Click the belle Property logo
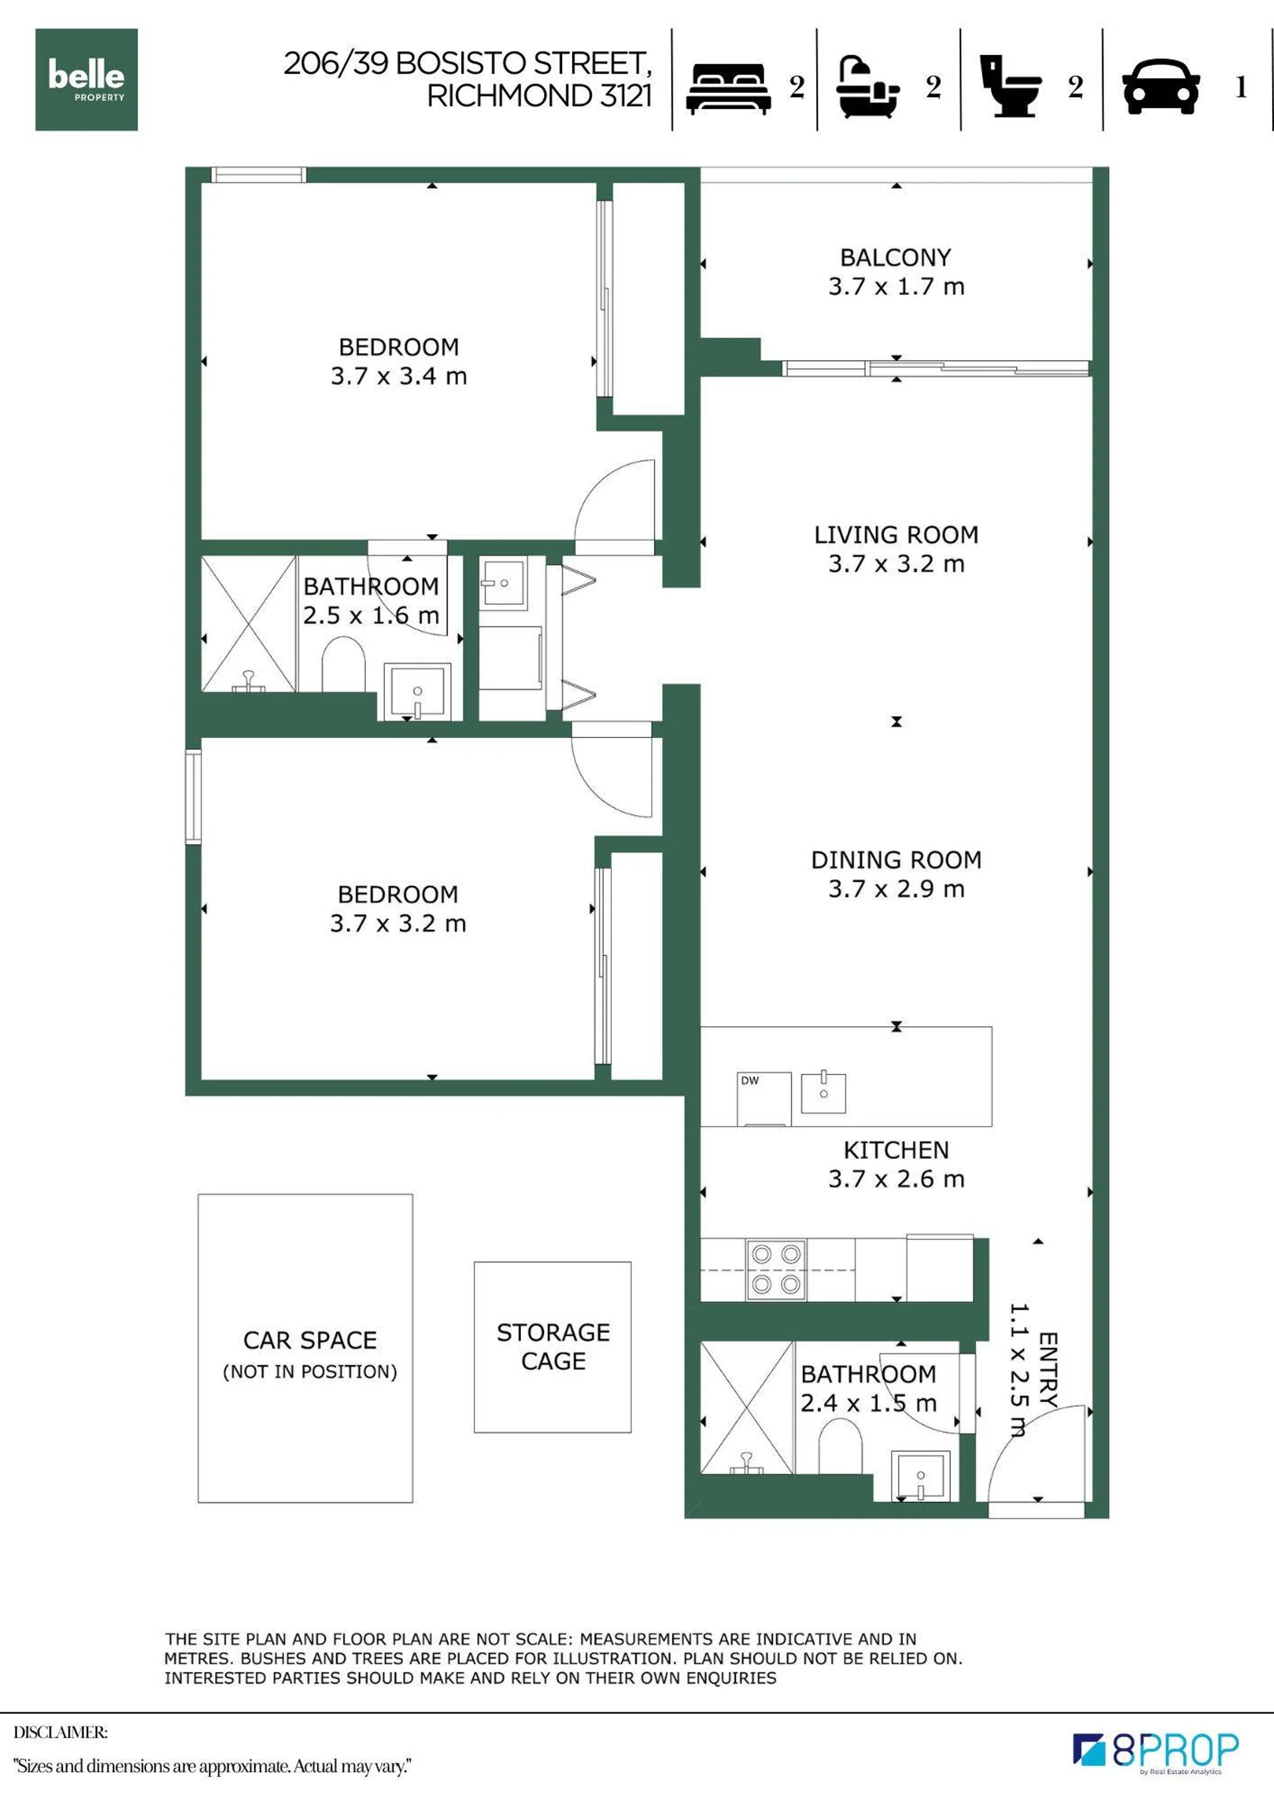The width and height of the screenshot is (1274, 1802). pyautogui.click(x=86, y=79)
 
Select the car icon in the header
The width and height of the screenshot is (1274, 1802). pyautogui.click(x=1161, y=87)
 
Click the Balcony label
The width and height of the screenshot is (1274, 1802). pyautogui.click(x=895, y=258)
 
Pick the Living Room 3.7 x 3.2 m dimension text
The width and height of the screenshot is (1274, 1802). pyautogui.click(x=896, y=563)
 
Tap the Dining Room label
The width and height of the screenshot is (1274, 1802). pyautogui.click(x=896, y=860)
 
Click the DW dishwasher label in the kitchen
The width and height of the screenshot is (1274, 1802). pyautogui.click(x=750, y=1080)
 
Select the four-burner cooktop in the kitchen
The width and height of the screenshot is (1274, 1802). pyautogui.click(x=776, y=1269)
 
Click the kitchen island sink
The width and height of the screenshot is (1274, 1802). pyautogui.click(x=823, y=1092)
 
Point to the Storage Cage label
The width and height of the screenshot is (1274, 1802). pyautogui.click(x=553, y=1346)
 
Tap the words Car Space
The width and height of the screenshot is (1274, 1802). pyautogui.click(x=310, y=1340)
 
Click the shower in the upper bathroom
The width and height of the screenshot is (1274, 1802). pyautogui.click(x=249, y=624)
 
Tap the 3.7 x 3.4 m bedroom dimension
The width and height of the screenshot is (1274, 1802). pyautogui.click(x=399, y=376)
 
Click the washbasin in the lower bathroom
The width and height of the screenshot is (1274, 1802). pyautogui.click(x=921, y=1475)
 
